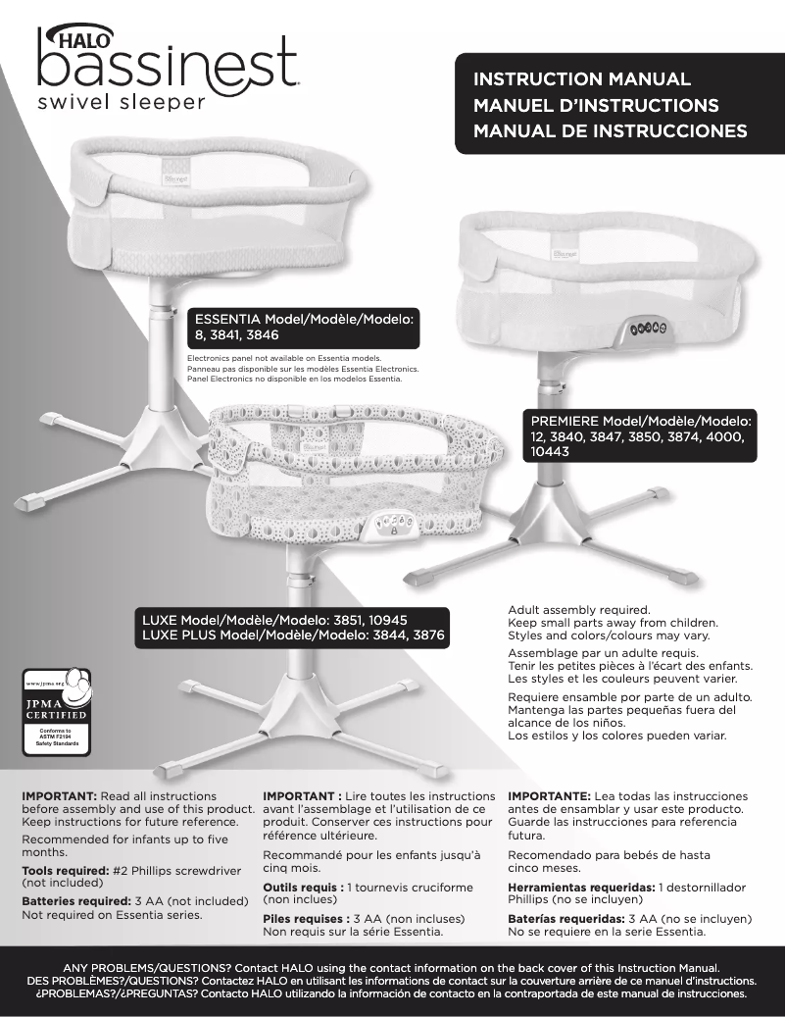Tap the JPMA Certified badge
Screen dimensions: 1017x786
pyautogui.click(x=56, y=711)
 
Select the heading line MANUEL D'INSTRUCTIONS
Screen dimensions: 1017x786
pyautogui.click(x=596, y=105)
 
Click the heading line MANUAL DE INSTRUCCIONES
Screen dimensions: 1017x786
pyautogui.click(x=610, y=130)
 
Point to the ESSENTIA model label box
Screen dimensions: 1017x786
pyautogui.click(x=305, y=328)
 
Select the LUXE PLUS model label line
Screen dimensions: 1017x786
pyautogui.click(x=294, y=636)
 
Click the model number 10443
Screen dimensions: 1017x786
pyautogui.click(x=549, y=453)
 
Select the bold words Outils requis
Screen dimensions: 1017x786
pyautogui.click(x=302, y=887)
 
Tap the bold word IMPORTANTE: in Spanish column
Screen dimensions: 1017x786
pyautogui.click(x=548, y=796)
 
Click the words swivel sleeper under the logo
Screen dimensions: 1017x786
pyautogui.click(x=122, y=101)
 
